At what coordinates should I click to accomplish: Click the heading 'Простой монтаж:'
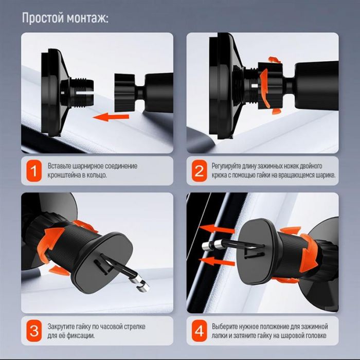(x=65, y=18)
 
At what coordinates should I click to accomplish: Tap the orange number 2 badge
(x=199, y=171)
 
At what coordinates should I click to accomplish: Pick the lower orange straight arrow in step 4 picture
(x=218, y=261)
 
